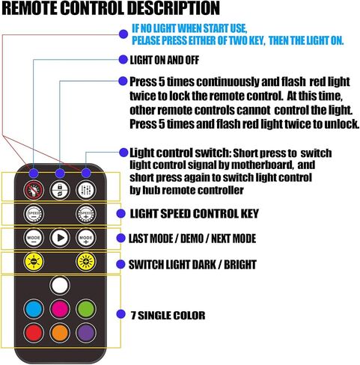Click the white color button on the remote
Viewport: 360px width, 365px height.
coord(60,285)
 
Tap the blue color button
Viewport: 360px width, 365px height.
coord(34,309)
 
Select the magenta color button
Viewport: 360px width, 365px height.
coord(60,309)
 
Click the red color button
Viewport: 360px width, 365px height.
coord(34,333)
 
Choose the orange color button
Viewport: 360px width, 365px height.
coord(60,333)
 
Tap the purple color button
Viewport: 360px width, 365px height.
coord(86,333)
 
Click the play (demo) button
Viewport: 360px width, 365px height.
coord(60,238)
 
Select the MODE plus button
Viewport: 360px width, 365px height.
coord(86,238)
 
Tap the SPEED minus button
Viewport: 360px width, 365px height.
coord(34,214)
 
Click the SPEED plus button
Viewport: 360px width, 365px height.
coord(86,214)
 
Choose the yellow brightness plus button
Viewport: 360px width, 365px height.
coord(86,262)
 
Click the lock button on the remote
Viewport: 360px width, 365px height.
coord(60,190)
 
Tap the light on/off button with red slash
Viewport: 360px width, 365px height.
coord(34,190)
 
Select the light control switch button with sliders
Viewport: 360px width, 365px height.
coord(86,190)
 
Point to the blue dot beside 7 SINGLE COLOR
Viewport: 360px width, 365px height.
coord(121,314)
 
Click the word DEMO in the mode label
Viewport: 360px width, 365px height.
coord(192,239)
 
